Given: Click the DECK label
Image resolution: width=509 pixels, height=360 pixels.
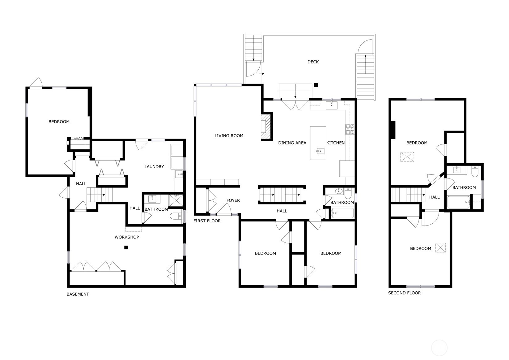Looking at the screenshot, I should coord(313,62).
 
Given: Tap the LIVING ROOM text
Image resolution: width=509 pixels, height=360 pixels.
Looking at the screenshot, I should coord(229,136).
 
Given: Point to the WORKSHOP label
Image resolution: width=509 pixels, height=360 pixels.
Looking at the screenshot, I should coord(127,237).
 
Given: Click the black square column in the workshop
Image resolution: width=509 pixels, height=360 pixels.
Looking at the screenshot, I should coord(126,247).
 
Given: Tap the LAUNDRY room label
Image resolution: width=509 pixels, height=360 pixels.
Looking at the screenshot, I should coord(154,167).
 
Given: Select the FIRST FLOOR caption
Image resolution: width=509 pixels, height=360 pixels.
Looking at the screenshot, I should coord(207,221).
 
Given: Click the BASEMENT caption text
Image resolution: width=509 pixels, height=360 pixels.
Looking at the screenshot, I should coord(78,294).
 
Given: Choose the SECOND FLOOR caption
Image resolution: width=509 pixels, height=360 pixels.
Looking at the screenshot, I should coord(404,293).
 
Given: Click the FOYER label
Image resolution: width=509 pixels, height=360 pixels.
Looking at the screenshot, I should coord(233,200).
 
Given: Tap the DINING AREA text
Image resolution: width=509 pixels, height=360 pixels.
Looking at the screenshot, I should coord(292,143).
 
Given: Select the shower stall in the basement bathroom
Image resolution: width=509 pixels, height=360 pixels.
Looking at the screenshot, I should coord(176,200).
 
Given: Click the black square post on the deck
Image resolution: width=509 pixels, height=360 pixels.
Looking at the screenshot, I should coord(316,85).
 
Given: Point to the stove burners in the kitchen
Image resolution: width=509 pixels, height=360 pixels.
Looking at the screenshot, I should coord(350,129).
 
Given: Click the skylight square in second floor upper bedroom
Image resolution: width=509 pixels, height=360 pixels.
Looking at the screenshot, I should coord(407,157).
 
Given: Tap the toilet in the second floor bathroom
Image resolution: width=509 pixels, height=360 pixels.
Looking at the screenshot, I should coord(475,171).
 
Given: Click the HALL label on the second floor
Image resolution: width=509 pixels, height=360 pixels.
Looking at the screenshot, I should coord(434,197).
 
